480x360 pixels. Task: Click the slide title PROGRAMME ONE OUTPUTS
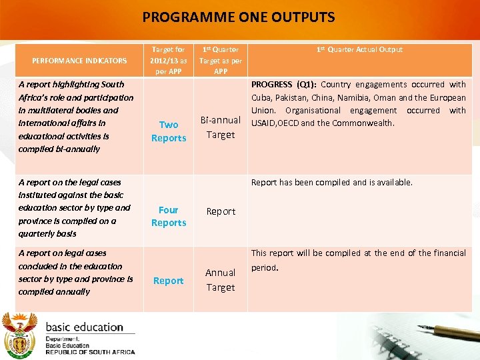point(239,17)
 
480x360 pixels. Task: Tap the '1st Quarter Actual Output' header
point(360,49)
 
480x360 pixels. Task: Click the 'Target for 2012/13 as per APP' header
point(168,60)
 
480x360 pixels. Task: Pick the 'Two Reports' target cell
point(169,131)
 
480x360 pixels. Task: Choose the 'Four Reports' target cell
point(169,216)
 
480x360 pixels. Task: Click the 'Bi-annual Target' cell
point(221,127)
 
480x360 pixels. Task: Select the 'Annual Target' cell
point(221,280)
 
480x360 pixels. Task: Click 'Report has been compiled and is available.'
point(331,182)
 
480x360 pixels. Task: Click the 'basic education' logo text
point(84,327)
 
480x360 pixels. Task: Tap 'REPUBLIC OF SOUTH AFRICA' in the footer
point(90,352)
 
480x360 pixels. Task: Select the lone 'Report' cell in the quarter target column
point(221,211)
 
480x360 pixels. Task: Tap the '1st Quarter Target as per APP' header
point(221,60)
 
